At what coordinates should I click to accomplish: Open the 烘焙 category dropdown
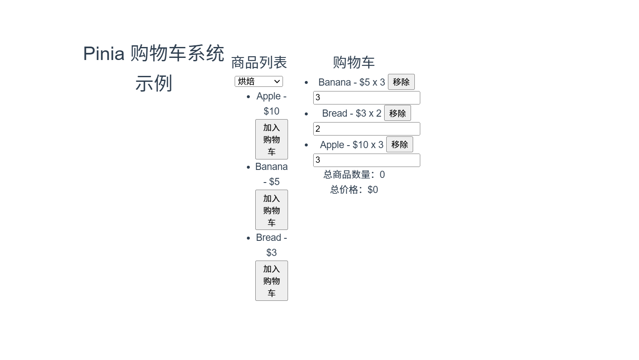(259, 81)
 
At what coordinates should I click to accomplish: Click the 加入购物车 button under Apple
(272, 139)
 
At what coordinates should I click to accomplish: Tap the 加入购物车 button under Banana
(272, 210)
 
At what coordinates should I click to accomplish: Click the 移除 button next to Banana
(401, 82)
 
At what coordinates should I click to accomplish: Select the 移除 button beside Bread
(397, 113)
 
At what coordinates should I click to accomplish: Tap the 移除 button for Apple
(399, 144)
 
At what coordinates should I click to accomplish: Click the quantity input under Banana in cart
(367, 97)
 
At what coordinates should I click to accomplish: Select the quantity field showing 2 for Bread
(367, 129)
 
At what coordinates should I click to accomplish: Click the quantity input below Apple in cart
(367, 160)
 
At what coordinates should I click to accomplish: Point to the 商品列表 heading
(259, 63)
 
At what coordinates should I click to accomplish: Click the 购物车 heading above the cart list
(354, 63)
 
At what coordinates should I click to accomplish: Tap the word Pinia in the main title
(104, 53)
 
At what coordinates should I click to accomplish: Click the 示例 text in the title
(154, 83)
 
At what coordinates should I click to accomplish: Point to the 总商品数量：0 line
(354, 175)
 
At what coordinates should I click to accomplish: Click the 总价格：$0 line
(354, 190)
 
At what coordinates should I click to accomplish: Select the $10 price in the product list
(271, 111)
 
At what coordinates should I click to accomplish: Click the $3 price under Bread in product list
(271, 253)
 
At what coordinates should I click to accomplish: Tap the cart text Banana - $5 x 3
(352, 82)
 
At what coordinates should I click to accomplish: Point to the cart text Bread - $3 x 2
(352, 113)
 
